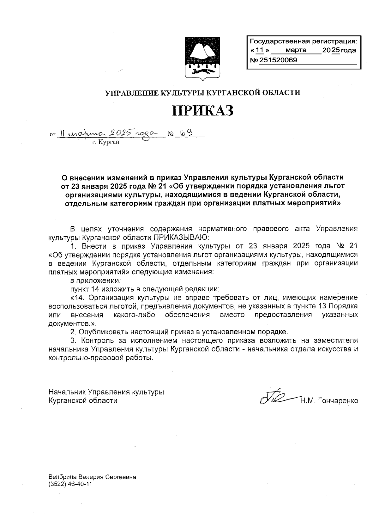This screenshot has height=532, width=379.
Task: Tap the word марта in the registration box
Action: [x=296, y=50]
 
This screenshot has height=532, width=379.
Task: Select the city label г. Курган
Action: [x=106, y=143]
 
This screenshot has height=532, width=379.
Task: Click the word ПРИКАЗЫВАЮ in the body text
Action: [x=180, y=237]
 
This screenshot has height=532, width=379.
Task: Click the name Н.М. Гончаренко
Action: [x=329, y=401]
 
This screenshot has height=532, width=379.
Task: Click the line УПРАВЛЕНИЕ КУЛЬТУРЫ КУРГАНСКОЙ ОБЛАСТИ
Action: [x=202, y=93]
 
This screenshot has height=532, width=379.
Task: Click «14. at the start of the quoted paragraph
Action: [x=78, y=297]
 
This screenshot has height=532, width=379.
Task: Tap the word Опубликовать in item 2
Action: [x=99, y=332]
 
